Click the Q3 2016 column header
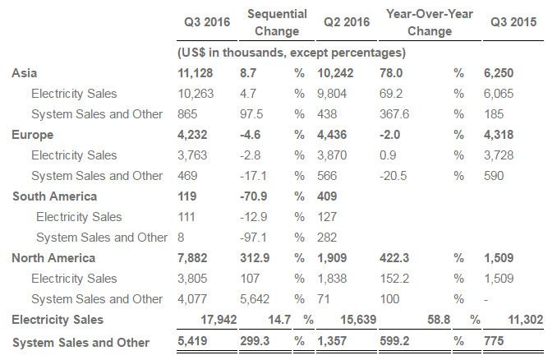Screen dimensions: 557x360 point(207,22)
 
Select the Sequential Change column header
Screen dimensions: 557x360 point(277,22)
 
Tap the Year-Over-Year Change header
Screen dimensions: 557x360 point(430,22)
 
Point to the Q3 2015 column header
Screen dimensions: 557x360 point(513,22)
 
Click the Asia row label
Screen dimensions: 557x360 point(24,73)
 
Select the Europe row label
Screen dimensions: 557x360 point(32,135)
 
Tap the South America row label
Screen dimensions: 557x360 point(55,196)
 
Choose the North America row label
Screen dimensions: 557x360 point(53,258)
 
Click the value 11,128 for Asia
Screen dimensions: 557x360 point(195,73)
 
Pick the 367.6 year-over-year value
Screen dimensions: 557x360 point(394,114)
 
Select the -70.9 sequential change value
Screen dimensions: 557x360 point(253,196)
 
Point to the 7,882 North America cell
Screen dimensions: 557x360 point(192,258)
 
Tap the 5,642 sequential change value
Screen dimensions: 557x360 point(255,299)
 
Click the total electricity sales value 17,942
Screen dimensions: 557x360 point(219,320)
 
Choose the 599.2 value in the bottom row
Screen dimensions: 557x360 point(394,341)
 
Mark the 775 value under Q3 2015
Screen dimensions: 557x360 point(494,341)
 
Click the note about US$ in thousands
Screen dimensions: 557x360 point(292,53)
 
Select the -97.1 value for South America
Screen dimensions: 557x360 point(253,238)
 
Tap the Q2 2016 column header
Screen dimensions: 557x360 point(347,22)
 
